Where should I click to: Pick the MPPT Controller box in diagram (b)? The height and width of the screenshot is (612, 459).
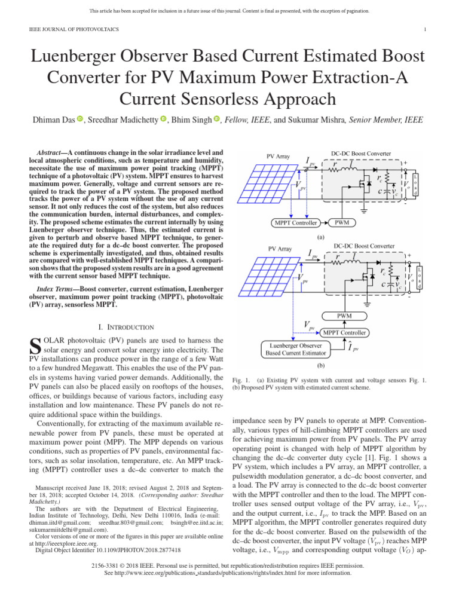(345, 332)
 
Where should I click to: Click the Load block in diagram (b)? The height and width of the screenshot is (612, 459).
(419, 278)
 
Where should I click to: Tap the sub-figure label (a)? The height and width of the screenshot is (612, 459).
(320, 237)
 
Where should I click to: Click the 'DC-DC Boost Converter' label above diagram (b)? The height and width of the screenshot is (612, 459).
(364, 246)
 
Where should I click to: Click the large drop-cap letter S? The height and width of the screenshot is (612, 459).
(35, 345)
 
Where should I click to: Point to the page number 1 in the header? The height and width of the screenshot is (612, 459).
(424, 29)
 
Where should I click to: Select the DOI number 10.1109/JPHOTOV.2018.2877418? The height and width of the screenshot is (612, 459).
(134, 549)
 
